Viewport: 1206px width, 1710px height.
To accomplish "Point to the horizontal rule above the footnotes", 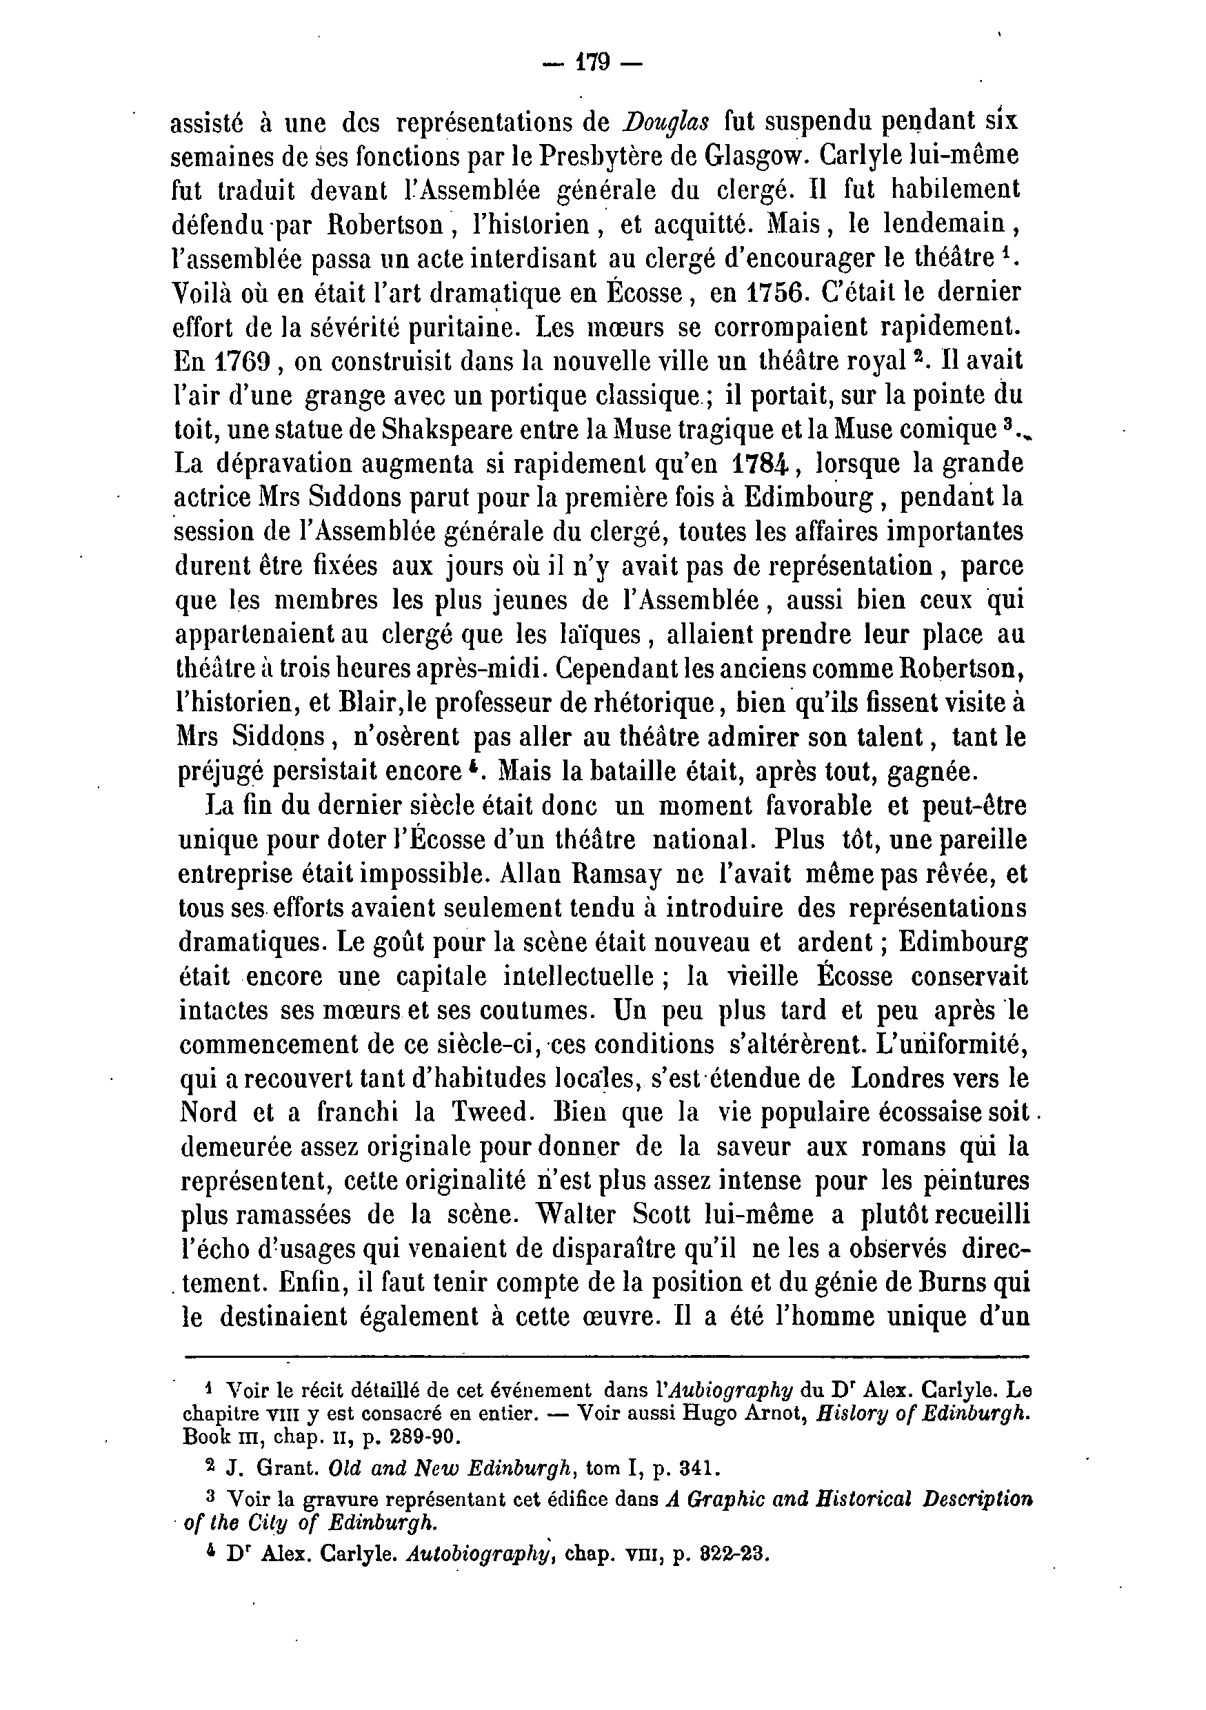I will click(x=605, y=1356).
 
